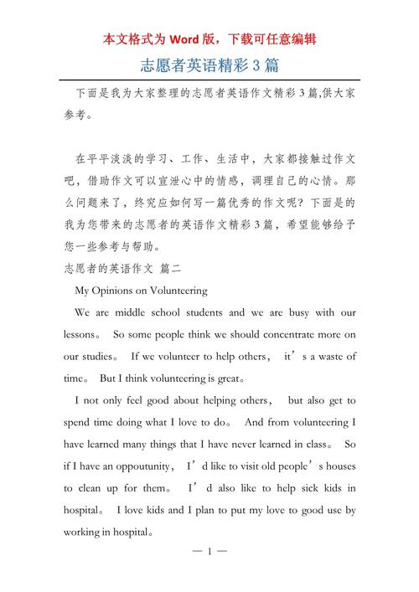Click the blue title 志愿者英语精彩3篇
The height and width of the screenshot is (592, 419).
pos(209,64)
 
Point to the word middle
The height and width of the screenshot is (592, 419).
pos(133,312)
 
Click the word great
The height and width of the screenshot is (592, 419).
pos(224,378)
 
